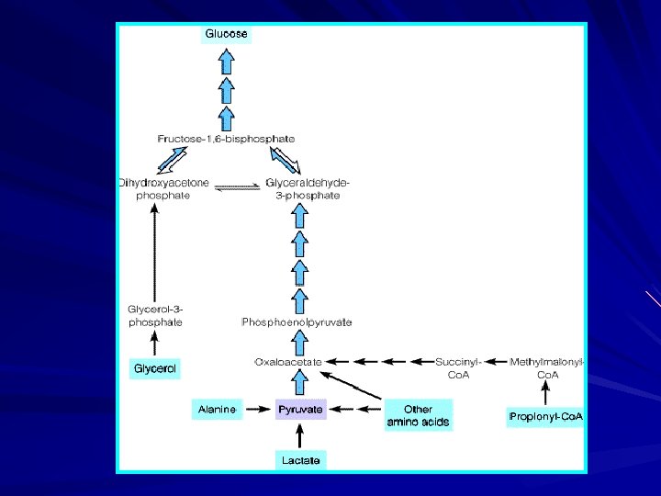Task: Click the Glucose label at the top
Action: (226, 34)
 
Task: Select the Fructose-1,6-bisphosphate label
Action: (226, 138)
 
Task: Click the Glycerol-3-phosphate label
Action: (155, 315)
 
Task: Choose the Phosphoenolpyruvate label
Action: (298, 321)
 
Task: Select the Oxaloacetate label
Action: (288, 362)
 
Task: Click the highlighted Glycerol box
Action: (155, 369)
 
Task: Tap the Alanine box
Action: (217, 410)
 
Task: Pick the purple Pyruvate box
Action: (301, 410)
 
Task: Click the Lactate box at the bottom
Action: (301, 459)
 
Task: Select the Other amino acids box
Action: (418, 416)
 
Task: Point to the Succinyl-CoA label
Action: (457, 367)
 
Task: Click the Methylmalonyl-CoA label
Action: (547, 367)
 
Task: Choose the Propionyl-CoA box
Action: (546, 416)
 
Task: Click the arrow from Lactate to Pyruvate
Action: (301, 434)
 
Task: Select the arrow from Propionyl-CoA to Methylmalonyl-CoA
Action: (546, 394)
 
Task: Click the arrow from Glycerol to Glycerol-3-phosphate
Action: (155, 344)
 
